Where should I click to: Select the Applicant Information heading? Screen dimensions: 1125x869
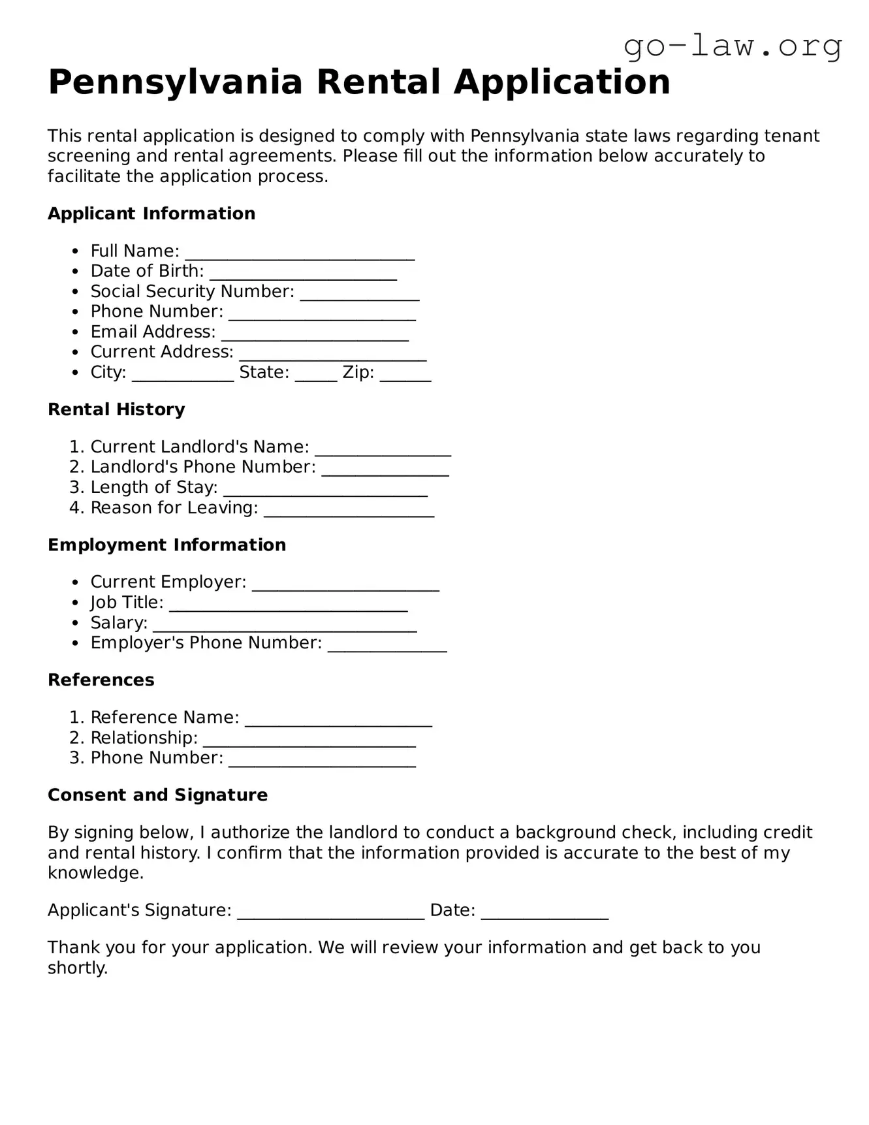pos(151,214)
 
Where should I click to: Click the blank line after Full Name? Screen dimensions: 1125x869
pos(300,254)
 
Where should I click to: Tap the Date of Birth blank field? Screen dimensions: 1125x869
pos(303,274)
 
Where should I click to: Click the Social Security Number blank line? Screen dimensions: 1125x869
pos(359,294)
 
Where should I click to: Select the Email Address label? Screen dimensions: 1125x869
pos(153,332)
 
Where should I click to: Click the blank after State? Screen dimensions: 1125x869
pos(315,375)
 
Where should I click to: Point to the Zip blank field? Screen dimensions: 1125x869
pos(405,375)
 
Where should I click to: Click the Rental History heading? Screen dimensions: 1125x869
pos(116,409)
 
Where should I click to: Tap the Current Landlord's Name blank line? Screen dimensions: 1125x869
pos(383,450)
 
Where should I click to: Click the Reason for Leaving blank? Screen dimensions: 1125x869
pos(349,511)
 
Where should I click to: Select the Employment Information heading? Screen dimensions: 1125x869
pos(166,545)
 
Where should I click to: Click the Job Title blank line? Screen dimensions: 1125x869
pos(288,605)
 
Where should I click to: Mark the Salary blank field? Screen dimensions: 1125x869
pos(285,626)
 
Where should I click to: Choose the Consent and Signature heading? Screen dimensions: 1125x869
pos(157,795)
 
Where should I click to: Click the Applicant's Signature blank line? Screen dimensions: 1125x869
pos(330,913)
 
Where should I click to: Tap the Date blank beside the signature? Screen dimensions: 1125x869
pos(545,913)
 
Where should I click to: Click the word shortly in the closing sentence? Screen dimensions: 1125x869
pos(77,968)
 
